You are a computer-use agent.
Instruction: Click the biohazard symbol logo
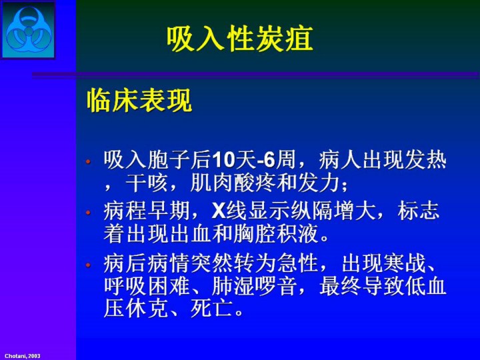click(x=29, y=30)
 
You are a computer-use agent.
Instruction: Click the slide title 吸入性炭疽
click(x=240, y=39)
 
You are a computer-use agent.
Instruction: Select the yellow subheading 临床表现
click(x=139, y=101)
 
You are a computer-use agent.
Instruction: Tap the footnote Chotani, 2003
click(x=23, y=356)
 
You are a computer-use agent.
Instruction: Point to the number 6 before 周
click(x=269, y=160)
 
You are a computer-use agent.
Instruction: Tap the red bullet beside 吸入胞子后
click(x=88, y=161)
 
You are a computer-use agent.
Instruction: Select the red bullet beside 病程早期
click(x=88, y=212)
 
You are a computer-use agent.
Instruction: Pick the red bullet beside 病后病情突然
click(x=88, y=265)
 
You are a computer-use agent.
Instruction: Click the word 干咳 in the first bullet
click(x=146, y=183)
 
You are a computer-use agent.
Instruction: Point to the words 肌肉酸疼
click(x=234, y=183)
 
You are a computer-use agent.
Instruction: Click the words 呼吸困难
click(x=147, y=286)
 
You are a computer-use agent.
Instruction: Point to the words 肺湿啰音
click(x=255, y=286)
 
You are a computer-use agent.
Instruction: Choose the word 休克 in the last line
click(x=147, y=309)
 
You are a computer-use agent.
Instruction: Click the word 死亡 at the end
click(x=211, y=309)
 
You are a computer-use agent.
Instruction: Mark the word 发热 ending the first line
click(x=425, y=160)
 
